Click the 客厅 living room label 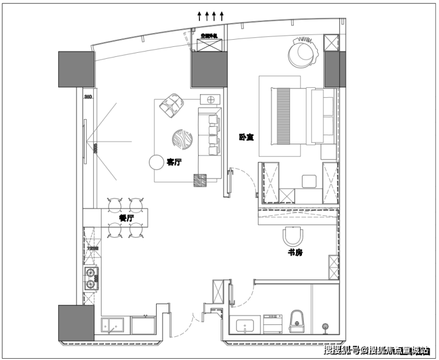coord(174,161)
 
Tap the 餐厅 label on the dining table coord(126,218)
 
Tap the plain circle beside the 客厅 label coord(157,162)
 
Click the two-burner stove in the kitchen coord(91,279)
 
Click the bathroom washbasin coord(245,325)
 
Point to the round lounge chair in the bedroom coord(303,52)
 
